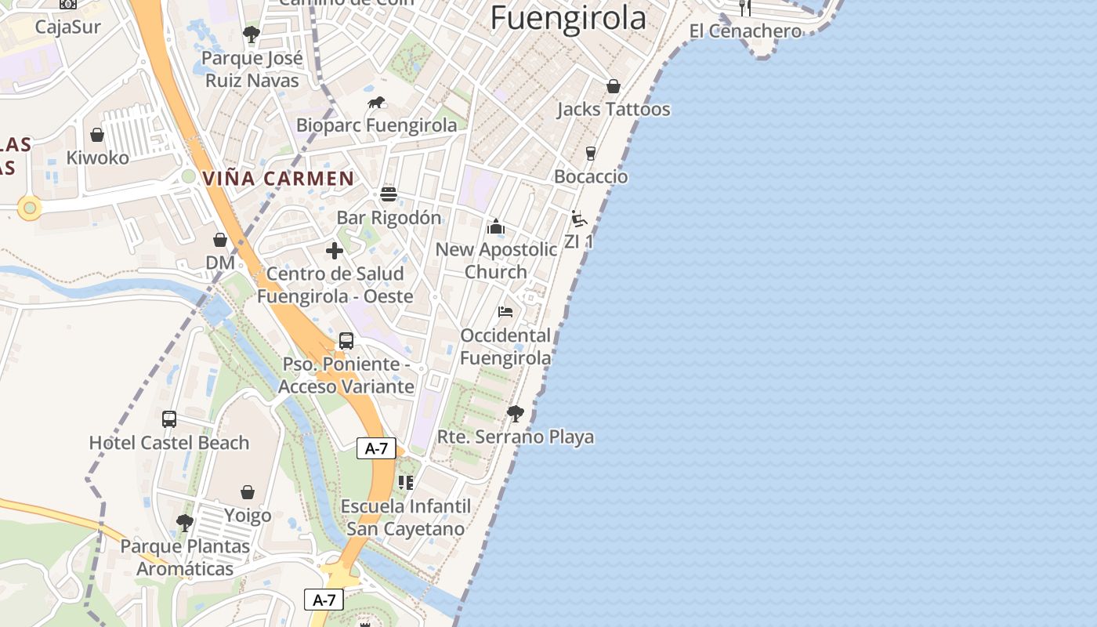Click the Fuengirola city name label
(x=568, y=18)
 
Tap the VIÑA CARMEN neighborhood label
(x=279, y=178)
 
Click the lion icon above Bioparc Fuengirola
(x=376, y=103)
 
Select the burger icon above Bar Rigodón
(x=389, y=194)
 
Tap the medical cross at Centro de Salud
(x=335, y=251)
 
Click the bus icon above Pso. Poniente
(x=346, y=341)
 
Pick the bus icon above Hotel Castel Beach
(x=169, y=419)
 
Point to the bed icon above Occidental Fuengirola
(x=505, y=312)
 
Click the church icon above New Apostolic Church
(x=496, y=227)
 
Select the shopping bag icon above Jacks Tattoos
(x=613, y=86)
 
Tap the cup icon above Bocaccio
(x=591, y=154)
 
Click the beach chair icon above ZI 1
(x=579, y=219)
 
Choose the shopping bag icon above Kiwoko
(x=97, y=135)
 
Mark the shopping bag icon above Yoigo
(x=248, y=492)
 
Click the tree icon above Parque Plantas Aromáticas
(x=185, y=522)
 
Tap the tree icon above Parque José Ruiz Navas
(x=252, y=34)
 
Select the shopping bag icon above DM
(x=220, y=240)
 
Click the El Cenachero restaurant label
(x=745, y=31)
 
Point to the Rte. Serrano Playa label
(x=515, y=437)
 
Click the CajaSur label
(x=68, y=27)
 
